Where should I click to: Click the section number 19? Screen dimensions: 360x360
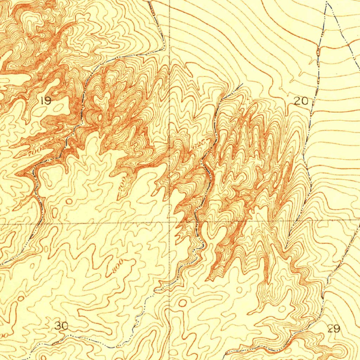tap(46, 101)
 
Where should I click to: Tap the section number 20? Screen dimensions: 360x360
tap(301, 102)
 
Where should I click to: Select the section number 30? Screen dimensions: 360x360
tap(62, 326)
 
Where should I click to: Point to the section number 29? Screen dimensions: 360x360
tap(334, 329)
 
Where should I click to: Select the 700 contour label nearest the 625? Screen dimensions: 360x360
tap(122, 185)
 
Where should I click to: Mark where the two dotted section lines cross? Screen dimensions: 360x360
tap(169, 222)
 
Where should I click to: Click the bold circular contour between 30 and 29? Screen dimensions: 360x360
tap(182, 303)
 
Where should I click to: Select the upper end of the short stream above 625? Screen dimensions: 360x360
tap(242, 84)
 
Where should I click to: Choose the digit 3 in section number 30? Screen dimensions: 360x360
tap(58, 326)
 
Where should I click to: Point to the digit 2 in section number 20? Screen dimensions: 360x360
tap(297, 102)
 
